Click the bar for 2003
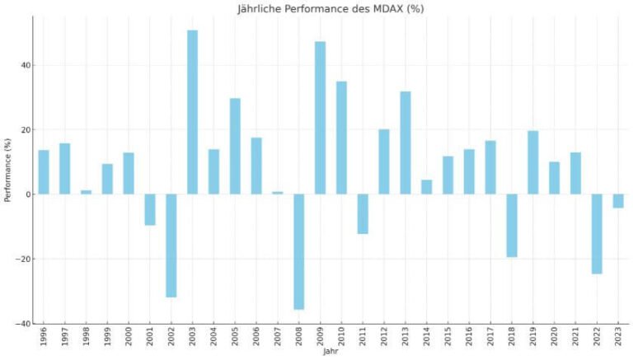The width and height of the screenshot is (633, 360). tap(192, 112)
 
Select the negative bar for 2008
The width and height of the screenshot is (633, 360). tap(298, 251)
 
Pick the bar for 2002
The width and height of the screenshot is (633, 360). tap(171, 245)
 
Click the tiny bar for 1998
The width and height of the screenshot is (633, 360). tap(86, 192)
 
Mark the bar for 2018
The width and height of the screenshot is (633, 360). tap(512, 226)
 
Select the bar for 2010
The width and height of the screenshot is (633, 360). tap(341, 138)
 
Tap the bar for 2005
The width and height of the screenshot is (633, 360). tap(235, 146)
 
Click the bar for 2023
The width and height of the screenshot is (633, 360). tap(618, 201)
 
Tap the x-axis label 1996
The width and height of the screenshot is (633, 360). tap(43, 338)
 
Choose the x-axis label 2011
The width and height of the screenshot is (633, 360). tap(363, 338)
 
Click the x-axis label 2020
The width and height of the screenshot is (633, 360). tap(555, 338)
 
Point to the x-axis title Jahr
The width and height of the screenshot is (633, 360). tap(330, 352)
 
